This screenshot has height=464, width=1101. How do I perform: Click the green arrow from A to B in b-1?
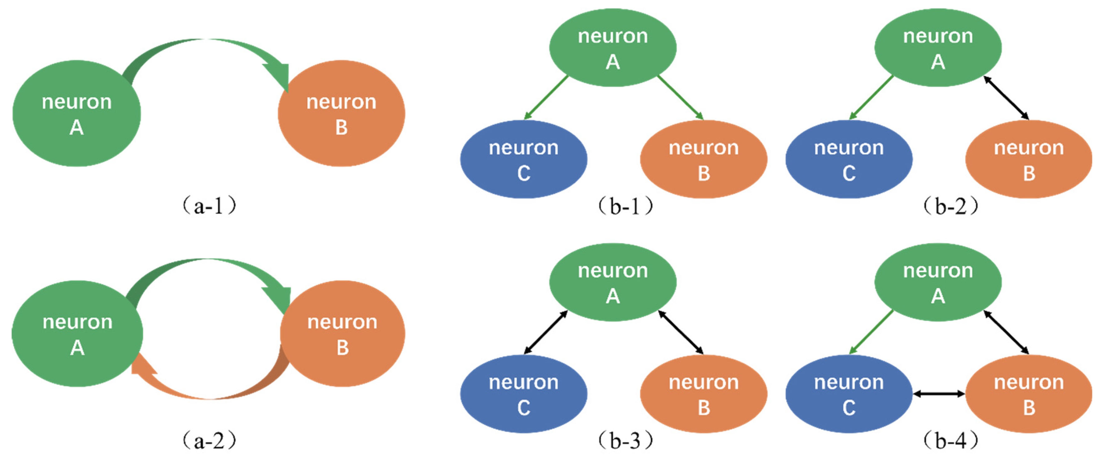[680, 97]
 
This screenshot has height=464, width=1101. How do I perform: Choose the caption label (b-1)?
[625, 206]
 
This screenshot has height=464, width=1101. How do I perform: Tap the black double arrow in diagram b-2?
[1006, 98]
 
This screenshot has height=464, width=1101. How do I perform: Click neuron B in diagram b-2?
[1028, 159]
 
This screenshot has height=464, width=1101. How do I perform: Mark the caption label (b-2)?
[950, 206]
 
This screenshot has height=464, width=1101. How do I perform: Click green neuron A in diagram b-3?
[612, 282]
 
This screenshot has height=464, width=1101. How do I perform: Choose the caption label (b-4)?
[950, 441]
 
